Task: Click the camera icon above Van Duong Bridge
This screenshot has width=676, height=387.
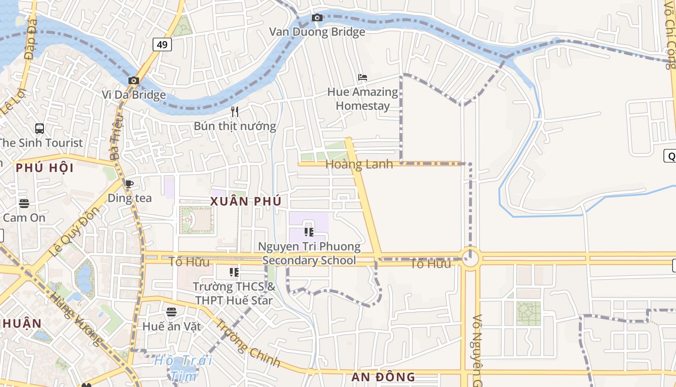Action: click(317, 18)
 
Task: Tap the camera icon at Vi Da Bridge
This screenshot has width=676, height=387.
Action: click(134, 80)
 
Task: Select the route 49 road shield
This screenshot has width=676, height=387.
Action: click(162, 45)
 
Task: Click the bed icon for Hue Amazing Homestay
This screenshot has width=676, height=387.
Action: click(363, 77)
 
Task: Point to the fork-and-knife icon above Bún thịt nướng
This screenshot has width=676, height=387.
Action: click(235, 112)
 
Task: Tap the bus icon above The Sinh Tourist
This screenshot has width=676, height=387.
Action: click(40, 129)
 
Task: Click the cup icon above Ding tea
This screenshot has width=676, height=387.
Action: click(129, 184)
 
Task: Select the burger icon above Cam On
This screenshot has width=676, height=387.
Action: click(24, 203)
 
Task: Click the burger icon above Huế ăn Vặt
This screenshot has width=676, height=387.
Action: click(171, 312)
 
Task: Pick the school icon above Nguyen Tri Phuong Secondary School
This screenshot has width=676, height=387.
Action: click(309, 232)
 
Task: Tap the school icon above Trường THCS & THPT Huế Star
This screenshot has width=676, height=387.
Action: click(234, 272)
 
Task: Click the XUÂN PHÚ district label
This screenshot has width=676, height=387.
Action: click(246, 201)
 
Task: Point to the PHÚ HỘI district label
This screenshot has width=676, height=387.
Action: click(44, 168)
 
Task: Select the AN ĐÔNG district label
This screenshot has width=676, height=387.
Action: click(383, 377)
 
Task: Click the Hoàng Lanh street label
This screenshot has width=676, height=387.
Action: click(359, 164)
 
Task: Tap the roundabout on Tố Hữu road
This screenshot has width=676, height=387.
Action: click(470, 259)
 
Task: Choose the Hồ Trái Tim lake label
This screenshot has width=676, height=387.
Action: click(183, 368)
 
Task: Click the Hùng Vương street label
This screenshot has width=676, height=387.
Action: click(76, 320)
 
